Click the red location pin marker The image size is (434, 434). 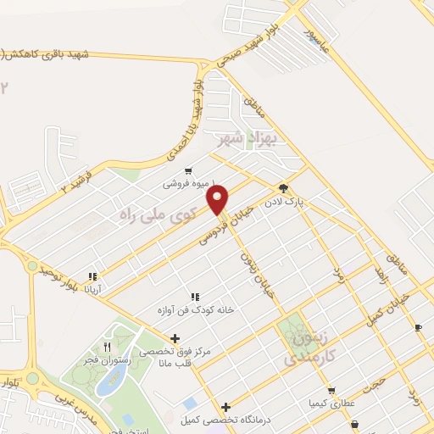click(x=219, y=199)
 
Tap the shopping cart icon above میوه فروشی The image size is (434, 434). click(x=188, y=170)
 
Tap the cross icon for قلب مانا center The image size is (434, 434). click(x=175, y=338)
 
